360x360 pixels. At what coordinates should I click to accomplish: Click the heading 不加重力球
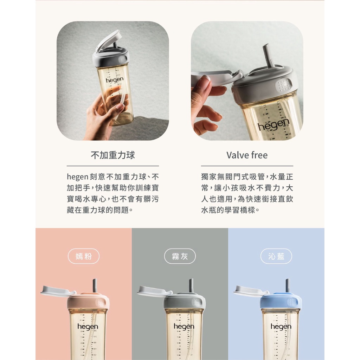(x=113, y=155)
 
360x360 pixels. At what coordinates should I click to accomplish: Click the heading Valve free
(x=247, y=155)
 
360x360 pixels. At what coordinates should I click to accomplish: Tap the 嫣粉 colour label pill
(x=84, y=256)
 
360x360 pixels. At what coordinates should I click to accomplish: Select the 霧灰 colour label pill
(x=180, y=256)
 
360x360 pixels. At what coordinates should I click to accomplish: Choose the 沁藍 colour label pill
(x=276, y=256)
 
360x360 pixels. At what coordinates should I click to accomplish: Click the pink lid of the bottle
(x=88, y=301)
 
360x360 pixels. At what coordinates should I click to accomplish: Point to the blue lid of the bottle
(x=281, y=301)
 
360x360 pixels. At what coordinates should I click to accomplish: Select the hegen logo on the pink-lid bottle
(x=88, y=327)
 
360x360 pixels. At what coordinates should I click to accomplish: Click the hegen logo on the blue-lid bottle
(x=281, y=327)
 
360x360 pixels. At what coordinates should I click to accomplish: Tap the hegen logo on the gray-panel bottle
(x=184, y=327)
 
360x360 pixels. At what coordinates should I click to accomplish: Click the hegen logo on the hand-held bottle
(x=115, y=80)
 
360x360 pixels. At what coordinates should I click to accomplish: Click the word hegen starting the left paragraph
(x=78, y=177)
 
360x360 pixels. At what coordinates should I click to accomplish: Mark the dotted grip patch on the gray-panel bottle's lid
(x=197, y=302)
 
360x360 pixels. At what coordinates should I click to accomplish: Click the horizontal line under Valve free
(x=247, y=166)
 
